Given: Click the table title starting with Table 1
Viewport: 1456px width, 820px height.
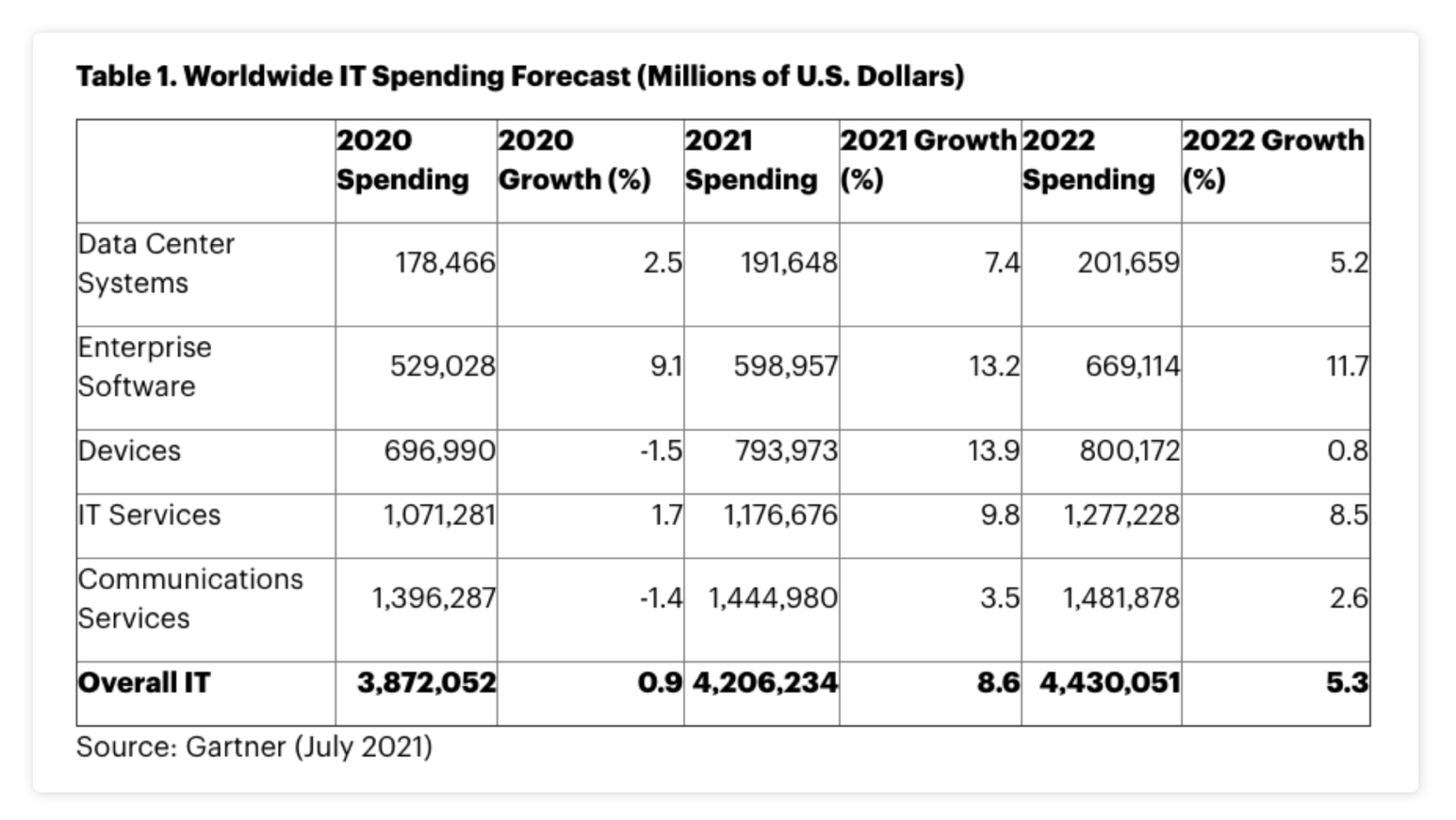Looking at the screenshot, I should click(519, 76).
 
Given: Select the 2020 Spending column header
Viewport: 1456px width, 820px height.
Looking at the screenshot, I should click(402, 159).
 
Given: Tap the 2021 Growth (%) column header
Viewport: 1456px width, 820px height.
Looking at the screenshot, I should click(928, 159).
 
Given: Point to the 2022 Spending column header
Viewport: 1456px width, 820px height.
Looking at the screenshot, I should click(1088, 159).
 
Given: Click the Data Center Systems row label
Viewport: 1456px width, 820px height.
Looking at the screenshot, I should click(155, 263).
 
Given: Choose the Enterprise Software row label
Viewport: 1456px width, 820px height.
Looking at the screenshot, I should click(144, 367).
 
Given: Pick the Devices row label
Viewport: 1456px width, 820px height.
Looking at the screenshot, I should click(129, 451).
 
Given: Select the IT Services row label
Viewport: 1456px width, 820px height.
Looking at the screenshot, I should click(149, 515).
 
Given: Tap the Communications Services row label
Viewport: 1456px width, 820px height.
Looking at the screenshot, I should click(189, 599).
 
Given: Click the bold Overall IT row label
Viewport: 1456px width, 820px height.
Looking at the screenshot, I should click(143, 682).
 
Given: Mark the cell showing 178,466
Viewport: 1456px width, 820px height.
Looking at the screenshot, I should click(444, 263).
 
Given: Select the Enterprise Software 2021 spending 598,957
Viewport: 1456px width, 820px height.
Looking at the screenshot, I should click(785, 366).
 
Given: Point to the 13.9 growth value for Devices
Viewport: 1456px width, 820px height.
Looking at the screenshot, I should click(993, 451).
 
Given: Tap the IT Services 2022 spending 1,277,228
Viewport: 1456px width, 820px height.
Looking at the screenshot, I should click(1121, 515).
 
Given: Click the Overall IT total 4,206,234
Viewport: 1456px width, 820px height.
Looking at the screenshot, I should click(764, 682).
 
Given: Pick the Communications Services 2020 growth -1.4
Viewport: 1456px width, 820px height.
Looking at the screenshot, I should click(660, 599).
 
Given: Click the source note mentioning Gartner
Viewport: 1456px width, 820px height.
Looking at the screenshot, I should click(254, 746).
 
